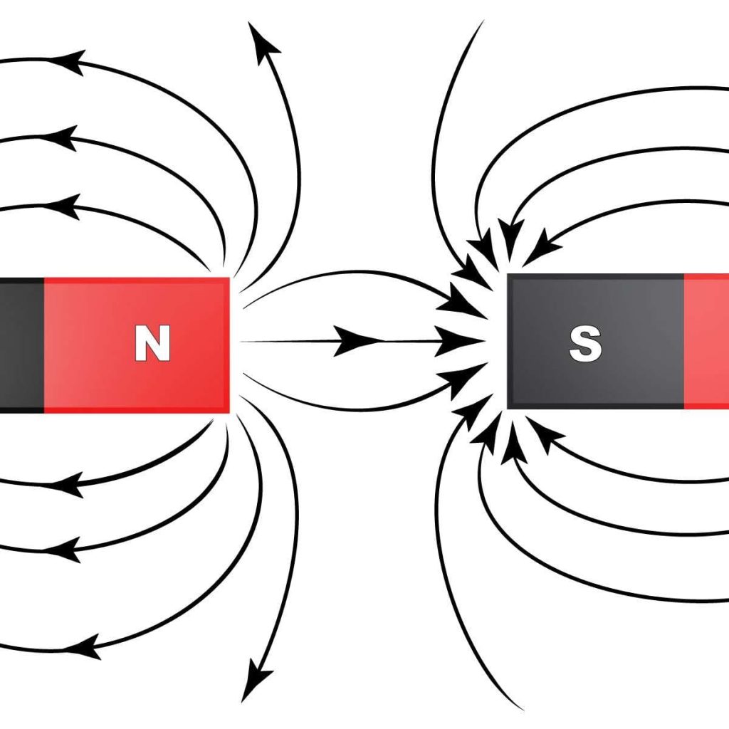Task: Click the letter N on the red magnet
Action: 153,344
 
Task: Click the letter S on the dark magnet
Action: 585,344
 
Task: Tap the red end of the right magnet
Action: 708,342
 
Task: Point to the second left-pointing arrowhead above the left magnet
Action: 63,137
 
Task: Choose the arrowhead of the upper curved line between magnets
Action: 456,306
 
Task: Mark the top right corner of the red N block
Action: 229,279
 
